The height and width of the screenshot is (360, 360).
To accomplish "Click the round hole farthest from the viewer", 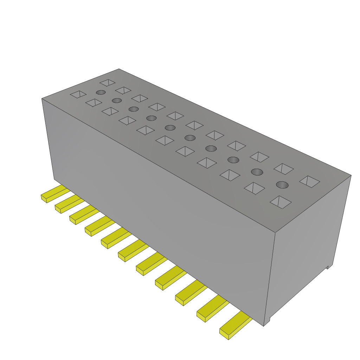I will point(101,92).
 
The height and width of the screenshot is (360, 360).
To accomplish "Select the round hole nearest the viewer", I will point(282,185).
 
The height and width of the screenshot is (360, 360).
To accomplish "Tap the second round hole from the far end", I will point(117,101).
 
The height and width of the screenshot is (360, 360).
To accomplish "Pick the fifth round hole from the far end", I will point(170,127).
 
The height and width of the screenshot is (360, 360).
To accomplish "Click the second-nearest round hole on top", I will point(257,172).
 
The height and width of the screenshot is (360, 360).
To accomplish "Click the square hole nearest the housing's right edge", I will point(310,181).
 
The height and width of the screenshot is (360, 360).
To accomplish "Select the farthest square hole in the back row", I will point(108,83).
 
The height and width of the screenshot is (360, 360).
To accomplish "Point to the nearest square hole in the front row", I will point(281,202).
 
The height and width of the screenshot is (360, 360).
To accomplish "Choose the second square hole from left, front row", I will point(94,103).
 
